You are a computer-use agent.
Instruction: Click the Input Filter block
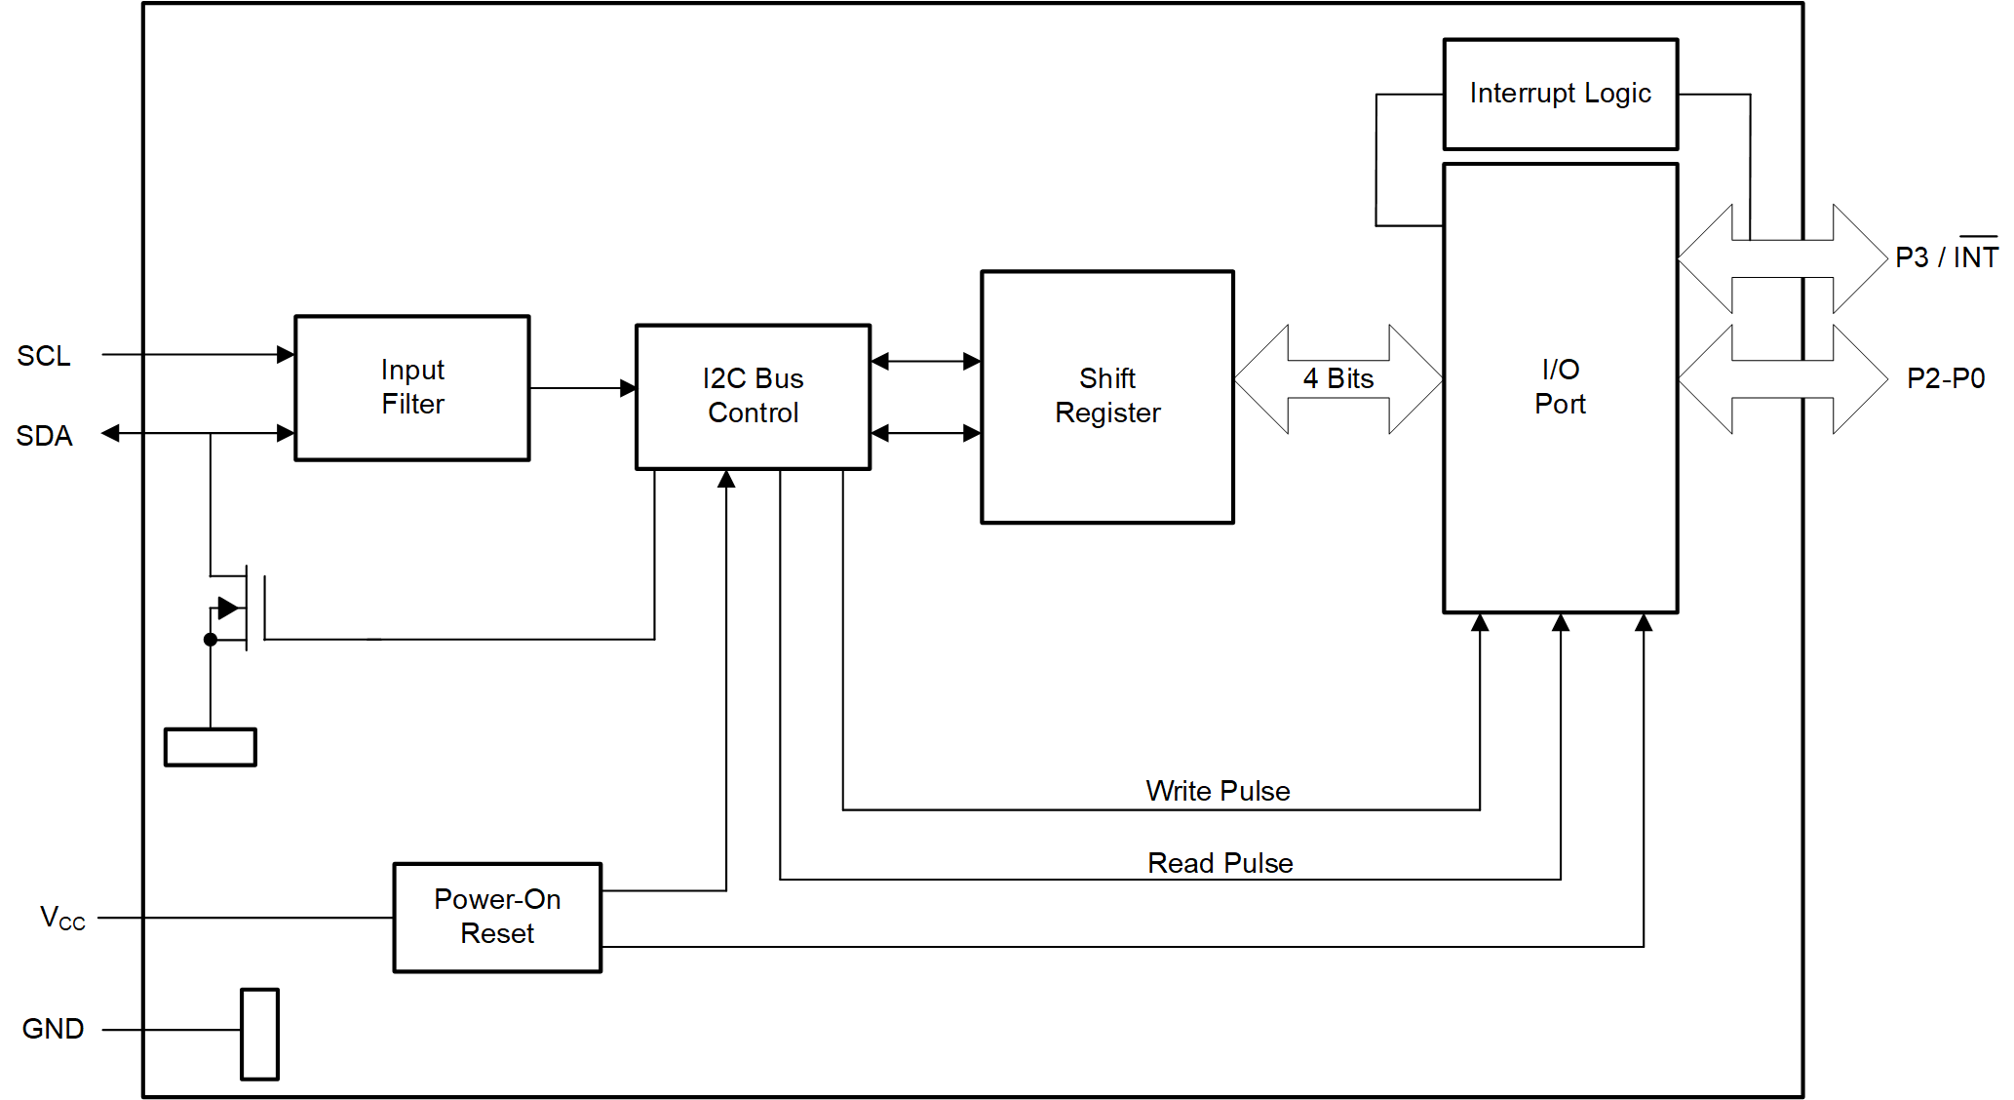click(x=412, y=387)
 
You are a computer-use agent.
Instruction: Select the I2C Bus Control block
click(x=753, y=396)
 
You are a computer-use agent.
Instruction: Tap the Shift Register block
click(x=1107, y=396)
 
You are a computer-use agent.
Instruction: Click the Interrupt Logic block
click(x=1560, y=94)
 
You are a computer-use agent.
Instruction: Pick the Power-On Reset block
click(x=497, y=917)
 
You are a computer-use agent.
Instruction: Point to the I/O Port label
click(x=1560, y=387)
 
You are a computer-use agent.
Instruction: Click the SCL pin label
click(x=44, y=356)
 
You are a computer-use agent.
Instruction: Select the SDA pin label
click(x=45, y=436)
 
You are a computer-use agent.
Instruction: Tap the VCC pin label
click(x=62, y=919)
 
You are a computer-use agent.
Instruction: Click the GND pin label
click(x=53, y=1029)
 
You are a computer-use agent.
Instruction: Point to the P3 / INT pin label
click(x=1946, y=257)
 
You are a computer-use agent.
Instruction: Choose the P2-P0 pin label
click(x=1946, y=378)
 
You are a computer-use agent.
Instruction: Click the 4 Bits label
click(x=1338, y=378)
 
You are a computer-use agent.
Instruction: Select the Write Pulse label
click(x=1218, y=791)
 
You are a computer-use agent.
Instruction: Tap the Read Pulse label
click(x=1220, y=863)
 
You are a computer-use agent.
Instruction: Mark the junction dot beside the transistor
click(x=211, y=640)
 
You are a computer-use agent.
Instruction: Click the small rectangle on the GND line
click(x=260, y=1034)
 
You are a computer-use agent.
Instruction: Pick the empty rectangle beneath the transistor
click(x=211, y=747)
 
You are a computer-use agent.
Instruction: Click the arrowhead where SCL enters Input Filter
click(x=286, y=355)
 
